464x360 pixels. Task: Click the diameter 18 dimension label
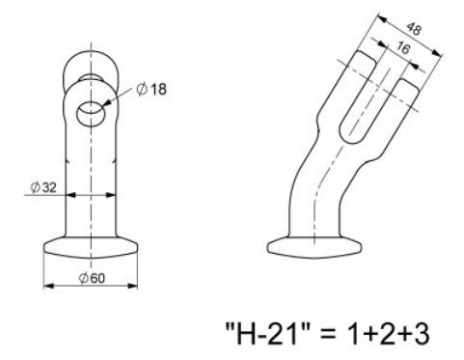[x=152, y=91]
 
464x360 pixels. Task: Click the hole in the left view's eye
[x=89, y=110]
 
